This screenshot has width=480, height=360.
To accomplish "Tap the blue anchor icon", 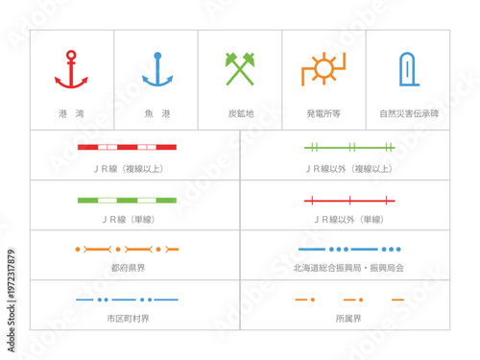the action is [x=156, y=69].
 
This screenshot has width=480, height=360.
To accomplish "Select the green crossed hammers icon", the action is [x=240, y=69].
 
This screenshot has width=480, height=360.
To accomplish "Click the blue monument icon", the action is [x=407, y=69].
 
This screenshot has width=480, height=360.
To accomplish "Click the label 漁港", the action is [x=156, y=113].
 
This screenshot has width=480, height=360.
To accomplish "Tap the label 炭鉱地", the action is [x=240, y=113].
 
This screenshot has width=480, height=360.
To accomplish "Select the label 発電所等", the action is [x=324, y=113].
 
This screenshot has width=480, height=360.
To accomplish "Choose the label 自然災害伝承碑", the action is [x=407, y=113].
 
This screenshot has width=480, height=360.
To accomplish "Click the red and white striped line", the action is [x=127, y=147].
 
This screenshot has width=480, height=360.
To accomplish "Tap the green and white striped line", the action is [x=127, y=201].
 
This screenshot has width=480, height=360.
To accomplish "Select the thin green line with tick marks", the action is [x=349, y=147].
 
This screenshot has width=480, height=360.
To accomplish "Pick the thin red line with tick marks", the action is [x=349, y=201].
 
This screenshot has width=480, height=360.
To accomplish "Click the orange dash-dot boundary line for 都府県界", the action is [x=127, y=250].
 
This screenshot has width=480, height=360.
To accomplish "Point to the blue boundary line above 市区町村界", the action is [x=127, y=300].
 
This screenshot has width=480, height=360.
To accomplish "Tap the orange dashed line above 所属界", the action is [x=349, y=300].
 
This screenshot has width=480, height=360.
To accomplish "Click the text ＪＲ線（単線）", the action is [x=127, y=219].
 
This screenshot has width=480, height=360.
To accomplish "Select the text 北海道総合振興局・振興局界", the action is [x=349, y=268].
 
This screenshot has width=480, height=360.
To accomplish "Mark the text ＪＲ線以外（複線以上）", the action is [x=349, y=168].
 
